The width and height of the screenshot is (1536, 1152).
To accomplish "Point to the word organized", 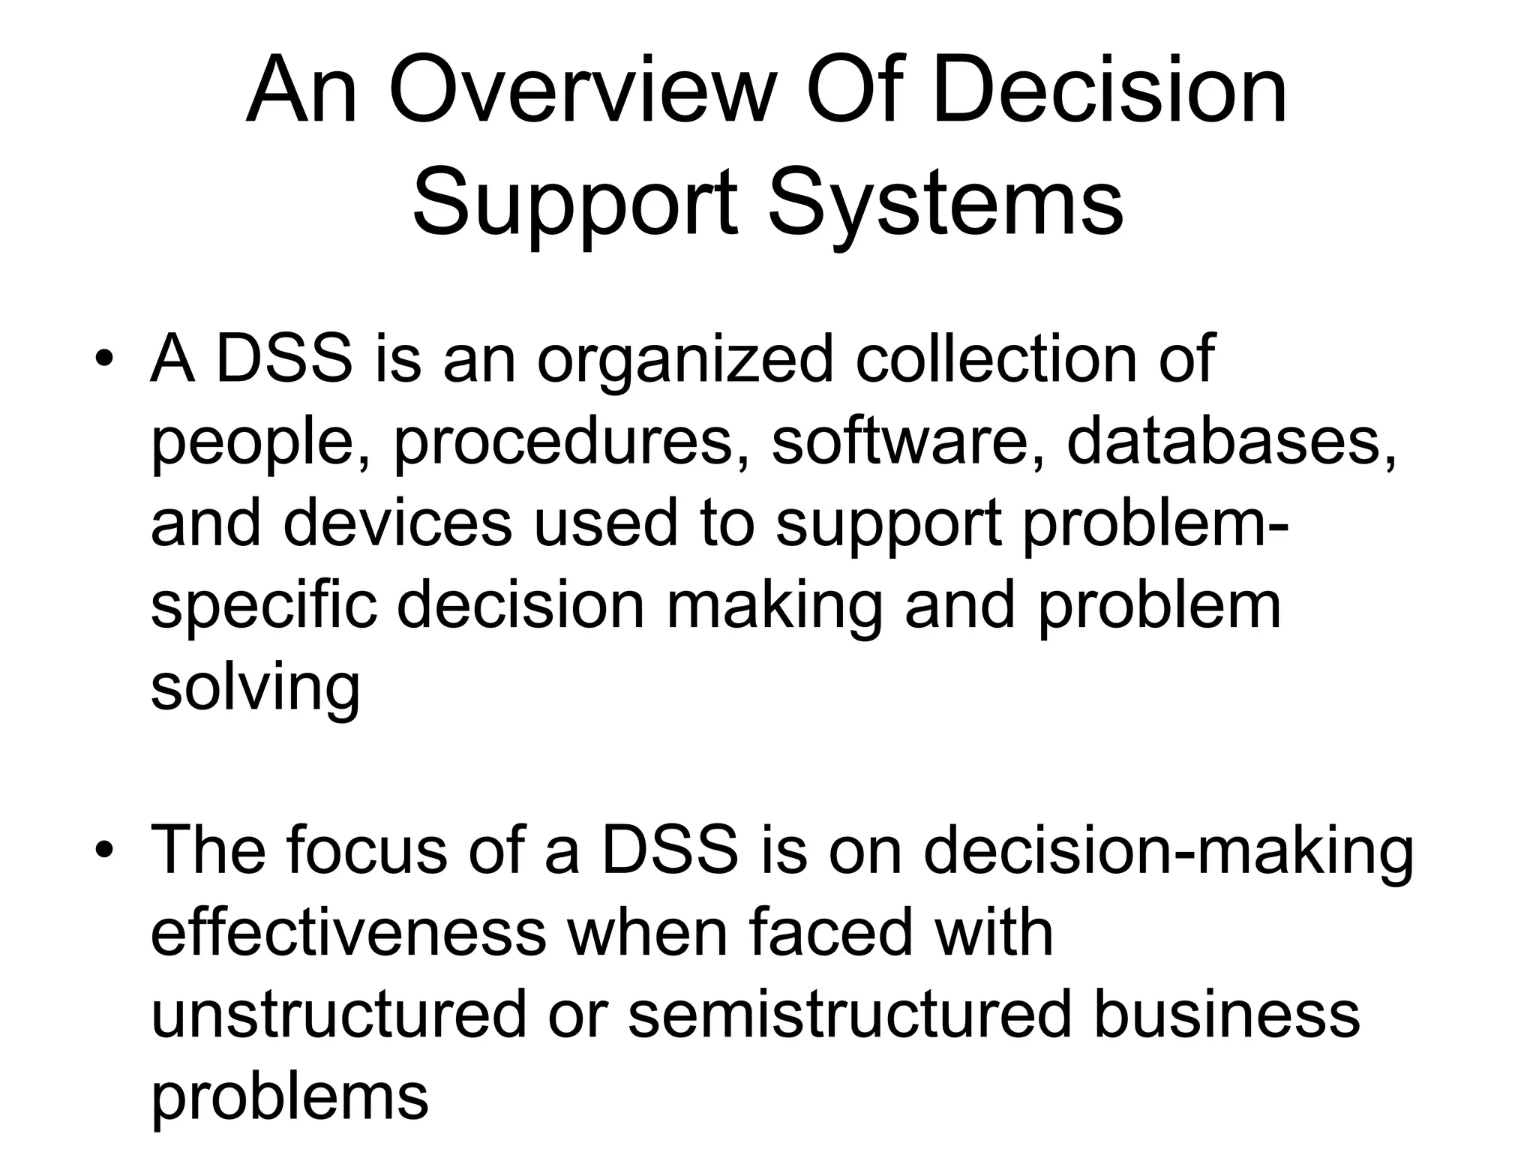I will pyautogui.click(x=685, y=360).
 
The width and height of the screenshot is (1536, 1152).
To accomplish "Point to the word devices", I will pyautogui.click(x=398, y=523).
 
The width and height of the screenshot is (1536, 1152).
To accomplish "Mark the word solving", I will pyautogui.click(x=256, y=688).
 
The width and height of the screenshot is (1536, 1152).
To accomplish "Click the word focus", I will pyautogui.click(x=366, y=851).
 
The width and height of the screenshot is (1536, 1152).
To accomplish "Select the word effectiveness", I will pyautogui.click(x=349, y=933).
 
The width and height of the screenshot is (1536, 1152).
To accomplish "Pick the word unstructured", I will pyautogui.click(x=339, y=1015).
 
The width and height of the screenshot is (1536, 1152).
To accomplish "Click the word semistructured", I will pyautogui.click(x=850, y=1015).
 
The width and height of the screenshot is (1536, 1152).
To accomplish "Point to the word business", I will pyautogui.click(x=1227, y=1015).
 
